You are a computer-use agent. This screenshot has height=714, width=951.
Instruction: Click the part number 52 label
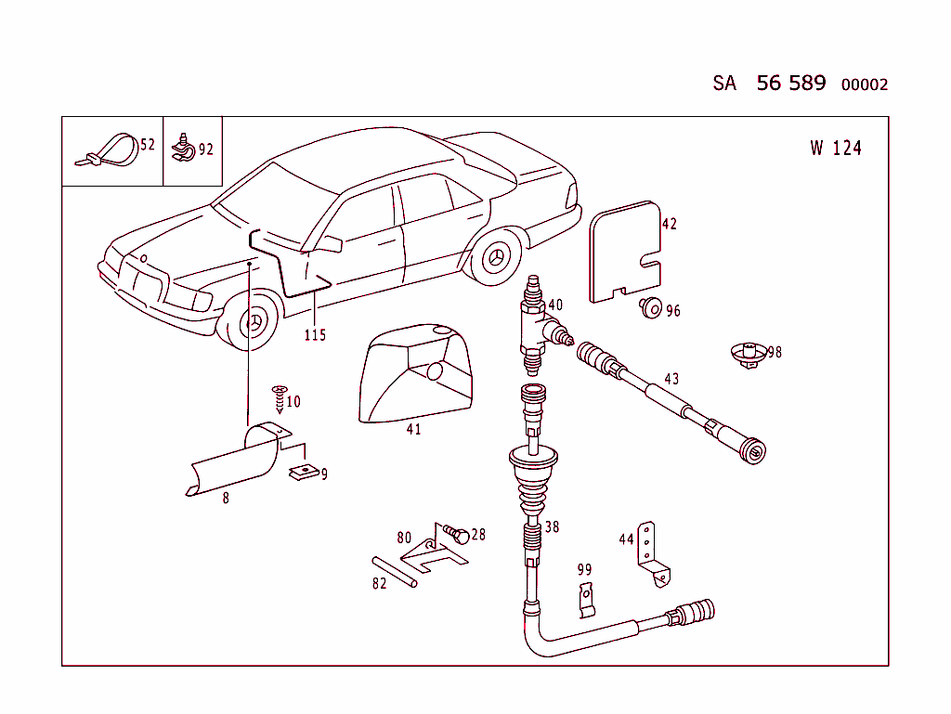point(148,144)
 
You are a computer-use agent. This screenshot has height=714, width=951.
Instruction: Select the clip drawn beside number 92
point(183,146)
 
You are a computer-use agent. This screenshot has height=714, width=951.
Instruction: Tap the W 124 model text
point(835,148)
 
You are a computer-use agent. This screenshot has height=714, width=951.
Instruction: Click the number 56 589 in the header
point(790,83)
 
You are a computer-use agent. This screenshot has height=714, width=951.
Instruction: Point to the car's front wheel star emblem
point(253,325)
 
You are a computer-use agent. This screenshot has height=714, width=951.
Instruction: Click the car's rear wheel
point(498,257)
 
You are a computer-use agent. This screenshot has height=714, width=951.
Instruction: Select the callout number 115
point(315,335)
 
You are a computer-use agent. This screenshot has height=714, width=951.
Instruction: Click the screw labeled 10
point(279,398)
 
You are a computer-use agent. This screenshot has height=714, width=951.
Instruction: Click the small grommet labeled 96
point(651,308)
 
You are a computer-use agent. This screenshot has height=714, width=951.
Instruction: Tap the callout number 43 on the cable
point(671,379)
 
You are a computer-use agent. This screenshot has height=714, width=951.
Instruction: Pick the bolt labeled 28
point(456,535)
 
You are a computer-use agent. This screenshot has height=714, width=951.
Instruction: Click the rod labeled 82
point(396,571)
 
